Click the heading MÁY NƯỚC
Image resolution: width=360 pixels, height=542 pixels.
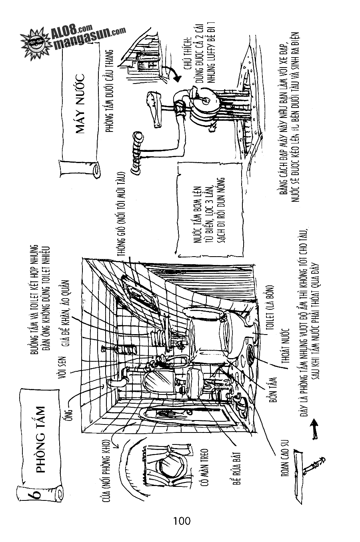click(x=82, y=105)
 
